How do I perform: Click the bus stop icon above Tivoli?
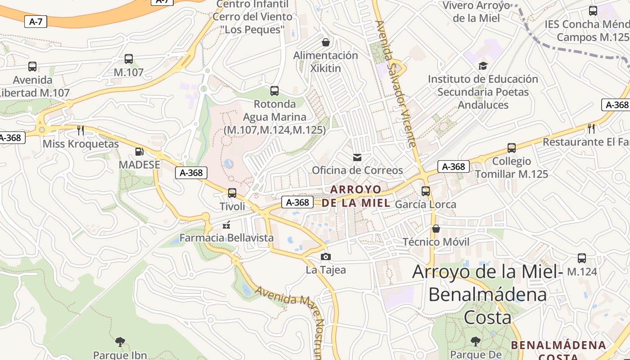point(232,193)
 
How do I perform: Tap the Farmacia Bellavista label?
point(226,238)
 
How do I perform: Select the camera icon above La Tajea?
point(326,257)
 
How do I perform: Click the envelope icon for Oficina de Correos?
point(357,157)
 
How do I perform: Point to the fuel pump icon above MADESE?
point(139,152)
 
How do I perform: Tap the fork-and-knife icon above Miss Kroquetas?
point(81,130)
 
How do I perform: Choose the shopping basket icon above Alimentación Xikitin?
point(326,42)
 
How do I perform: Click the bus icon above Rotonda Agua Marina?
point(274,91)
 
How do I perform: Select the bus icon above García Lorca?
point(426,191)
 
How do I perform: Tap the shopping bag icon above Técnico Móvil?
point(436,229)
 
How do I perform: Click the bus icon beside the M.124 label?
point(582,258)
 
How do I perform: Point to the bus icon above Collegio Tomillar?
point(512,148)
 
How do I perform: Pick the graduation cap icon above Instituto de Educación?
point(483,66)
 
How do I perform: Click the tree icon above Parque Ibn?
point(120,342)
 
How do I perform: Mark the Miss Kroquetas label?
point(81,144)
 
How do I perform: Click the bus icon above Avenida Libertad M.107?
point(32,67)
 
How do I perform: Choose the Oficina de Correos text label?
point(357,170)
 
